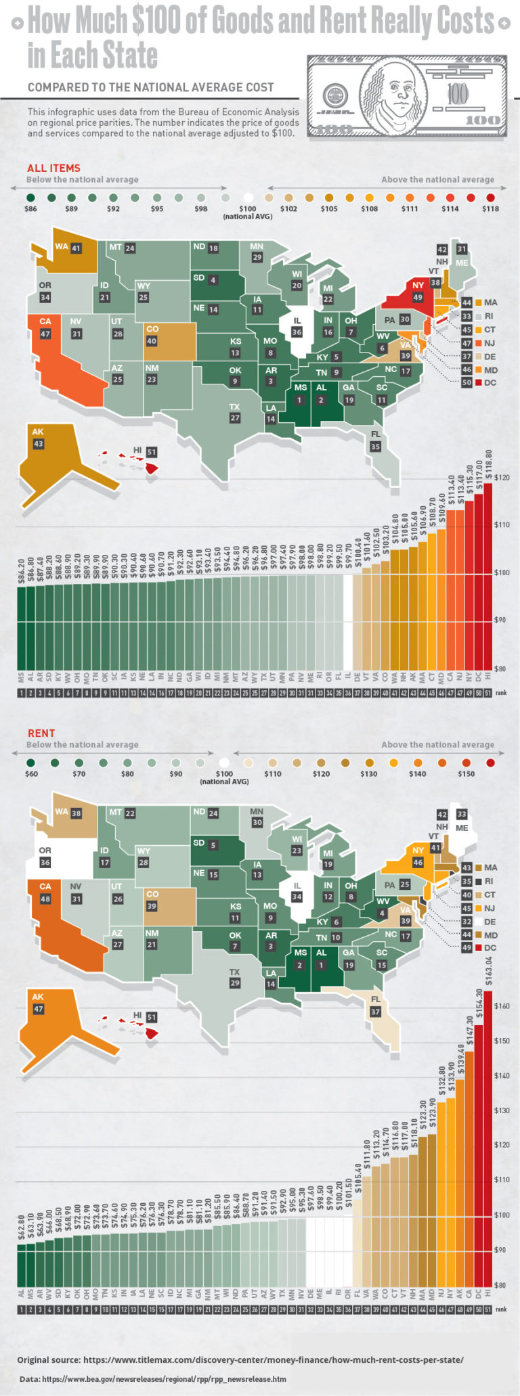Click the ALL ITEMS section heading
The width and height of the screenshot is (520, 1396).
tap(53, 168)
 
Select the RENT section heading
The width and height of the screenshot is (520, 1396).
tap(41, 733)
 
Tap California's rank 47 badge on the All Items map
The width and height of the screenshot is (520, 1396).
tap(45, 334)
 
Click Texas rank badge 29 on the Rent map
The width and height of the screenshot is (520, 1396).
tap(235, 983)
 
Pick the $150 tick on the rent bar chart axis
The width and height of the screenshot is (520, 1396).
tap(501, 1041)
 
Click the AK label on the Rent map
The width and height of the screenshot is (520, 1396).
tap(38, 996)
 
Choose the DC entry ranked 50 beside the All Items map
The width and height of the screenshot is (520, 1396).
tap(481, 382)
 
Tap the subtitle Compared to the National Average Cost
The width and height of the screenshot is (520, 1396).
tap(150, 87)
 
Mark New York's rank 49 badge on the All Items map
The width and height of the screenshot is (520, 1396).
tap(418, 297)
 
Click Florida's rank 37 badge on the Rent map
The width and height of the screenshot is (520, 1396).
tap(375, 1012)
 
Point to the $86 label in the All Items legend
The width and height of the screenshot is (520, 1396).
tap(30, 208)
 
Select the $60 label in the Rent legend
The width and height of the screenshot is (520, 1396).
tap(31, 773)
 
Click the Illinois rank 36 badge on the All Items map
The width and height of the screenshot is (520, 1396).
tap(297, 332)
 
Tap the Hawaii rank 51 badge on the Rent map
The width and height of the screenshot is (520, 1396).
tap(151, 1016)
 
